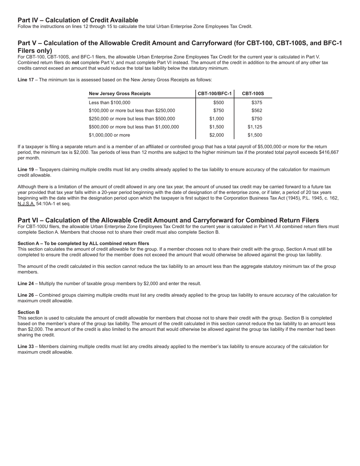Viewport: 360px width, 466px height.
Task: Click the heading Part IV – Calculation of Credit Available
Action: [x=78, y=20]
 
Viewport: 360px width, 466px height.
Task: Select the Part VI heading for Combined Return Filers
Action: [x=168, y=220]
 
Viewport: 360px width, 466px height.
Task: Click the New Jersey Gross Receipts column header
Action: [x=119, y=94]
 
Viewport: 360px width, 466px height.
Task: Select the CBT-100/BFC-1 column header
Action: [x=214, y=94]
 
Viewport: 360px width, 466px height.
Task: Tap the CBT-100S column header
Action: [x=253, y=94]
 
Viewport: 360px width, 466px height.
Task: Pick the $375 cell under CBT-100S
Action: [x=257, y=103]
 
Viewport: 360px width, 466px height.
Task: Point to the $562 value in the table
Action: [x=257, y=111]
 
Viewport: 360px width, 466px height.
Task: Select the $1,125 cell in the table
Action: [x=255, y=127]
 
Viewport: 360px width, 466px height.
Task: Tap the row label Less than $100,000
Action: [x=109, y=103]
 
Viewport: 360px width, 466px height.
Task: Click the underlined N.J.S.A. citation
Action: [x=26, y=203]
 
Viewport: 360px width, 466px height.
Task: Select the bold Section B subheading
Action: [x=28, y=312]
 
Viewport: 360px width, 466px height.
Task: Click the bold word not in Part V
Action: [x=75, y=63]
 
